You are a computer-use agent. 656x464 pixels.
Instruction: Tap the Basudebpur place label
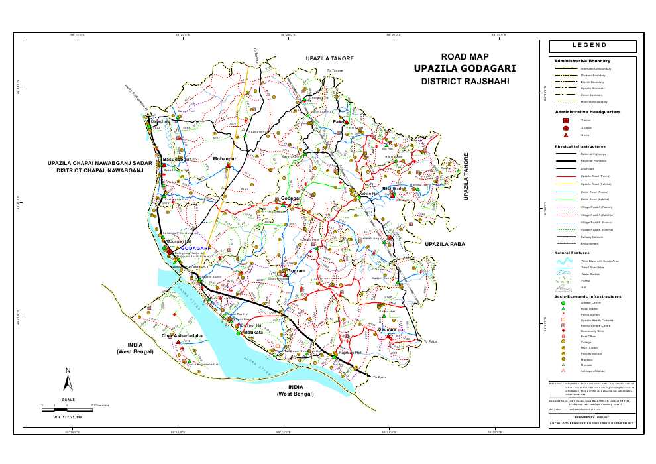click(x=176, y=160)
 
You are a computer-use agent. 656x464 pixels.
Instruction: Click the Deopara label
click(x=387, y=329)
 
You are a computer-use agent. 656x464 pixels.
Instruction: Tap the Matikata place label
click(x=235, y=332)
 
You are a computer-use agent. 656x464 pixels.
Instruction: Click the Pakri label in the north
click(x=339, y=123)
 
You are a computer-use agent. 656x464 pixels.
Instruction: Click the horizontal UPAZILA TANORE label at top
click(x=330, y=59)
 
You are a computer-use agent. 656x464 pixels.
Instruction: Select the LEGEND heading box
click(x=592, y=46)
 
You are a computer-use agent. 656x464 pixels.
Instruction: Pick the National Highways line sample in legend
click(x=565, y=153)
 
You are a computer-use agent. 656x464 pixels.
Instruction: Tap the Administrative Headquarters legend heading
click(x=587, y=112)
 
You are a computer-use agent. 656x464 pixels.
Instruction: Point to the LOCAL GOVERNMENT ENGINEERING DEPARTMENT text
click(x=592, y=423)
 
